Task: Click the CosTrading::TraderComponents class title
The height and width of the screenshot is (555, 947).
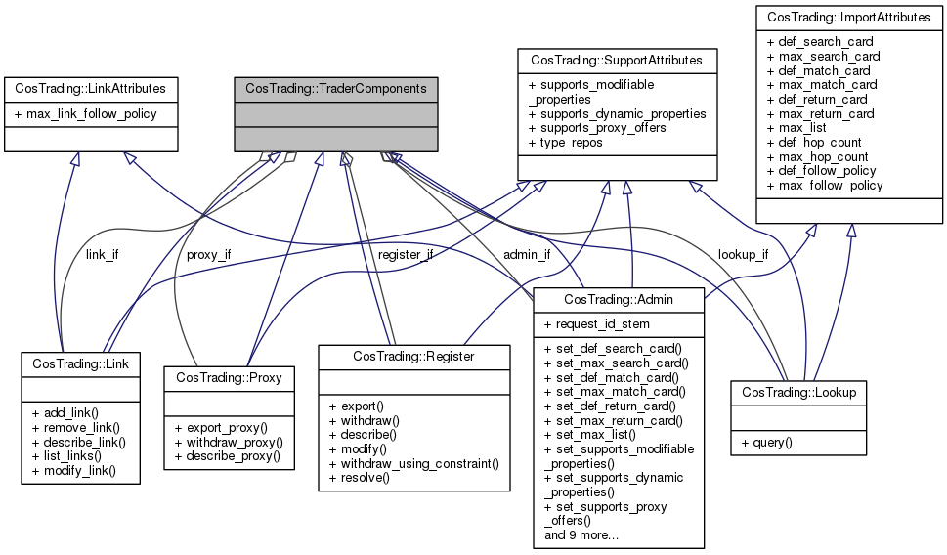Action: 335,88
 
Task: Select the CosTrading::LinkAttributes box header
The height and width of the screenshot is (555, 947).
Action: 91,88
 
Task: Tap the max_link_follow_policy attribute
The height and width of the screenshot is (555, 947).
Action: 91,113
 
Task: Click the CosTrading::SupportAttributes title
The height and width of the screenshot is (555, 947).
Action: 617,61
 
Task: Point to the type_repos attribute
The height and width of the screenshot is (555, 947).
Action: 566,143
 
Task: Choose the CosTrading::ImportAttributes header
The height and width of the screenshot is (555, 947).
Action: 849,17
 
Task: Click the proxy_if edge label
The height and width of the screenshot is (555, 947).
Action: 208,255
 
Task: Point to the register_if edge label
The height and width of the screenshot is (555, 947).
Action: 404,255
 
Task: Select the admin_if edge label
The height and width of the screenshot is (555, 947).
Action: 527,255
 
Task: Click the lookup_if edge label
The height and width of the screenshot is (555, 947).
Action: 743,255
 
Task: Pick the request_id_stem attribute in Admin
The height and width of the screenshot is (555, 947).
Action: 595,323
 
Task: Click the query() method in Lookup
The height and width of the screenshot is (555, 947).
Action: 766,442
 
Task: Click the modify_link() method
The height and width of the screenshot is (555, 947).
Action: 73,470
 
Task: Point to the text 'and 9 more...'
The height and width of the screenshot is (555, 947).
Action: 586,534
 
